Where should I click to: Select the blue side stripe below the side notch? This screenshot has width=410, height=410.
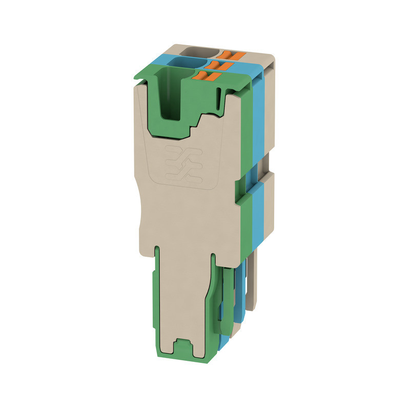258,215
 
